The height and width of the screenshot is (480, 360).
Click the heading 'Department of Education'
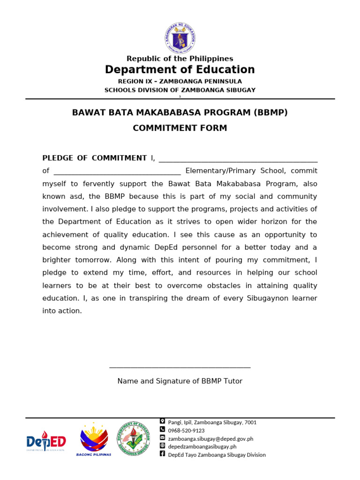coord(180,70)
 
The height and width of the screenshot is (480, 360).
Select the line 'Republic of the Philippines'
coord(180,59)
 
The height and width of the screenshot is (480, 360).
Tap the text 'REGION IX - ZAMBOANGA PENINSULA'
coord(180,82)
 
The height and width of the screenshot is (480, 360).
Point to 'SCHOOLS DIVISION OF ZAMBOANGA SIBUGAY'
coord(180,90)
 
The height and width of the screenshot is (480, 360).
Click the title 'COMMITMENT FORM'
coord(180,128)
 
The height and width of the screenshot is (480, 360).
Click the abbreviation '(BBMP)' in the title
coord(271,113)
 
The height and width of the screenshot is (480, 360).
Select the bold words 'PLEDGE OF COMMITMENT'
coord(95,158)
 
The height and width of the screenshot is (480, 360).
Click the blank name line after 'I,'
coord(238,159)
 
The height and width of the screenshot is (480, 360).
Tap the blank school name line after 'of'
coord(117,172)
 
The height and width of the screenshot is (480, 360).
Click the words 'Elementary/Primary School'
coord(235,171)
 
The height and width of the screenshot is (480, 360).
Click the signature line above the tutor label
coord(180,368)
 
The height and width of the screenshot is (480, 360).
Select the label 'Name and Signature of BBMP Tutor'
coord(180,382)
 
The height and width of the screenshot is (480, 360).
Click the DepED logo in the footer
coord(46,442)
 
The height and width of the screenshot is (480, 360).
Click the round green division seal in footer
coord(134,438)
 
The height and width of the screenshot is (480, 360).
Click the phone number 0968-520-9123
coord(186,431)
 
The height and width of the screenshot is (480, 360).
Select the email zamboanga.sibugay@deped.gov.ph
coord(210,439)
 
